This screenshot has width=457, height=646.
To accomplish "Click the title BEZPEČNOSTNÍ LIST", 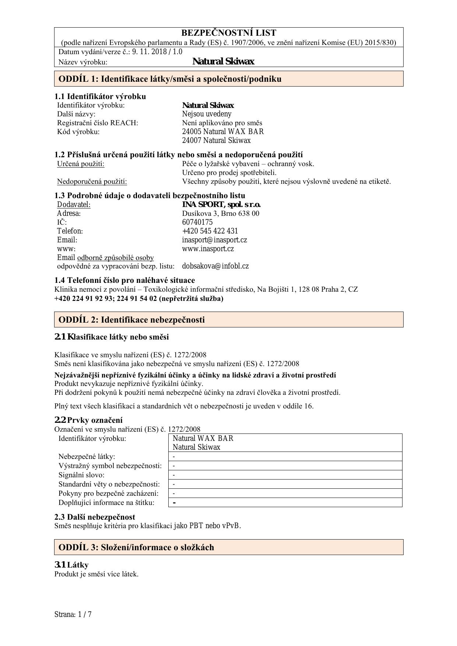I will coord(228,33).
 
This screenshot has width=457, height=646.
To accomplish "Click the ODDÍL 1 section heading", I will coord(170,79).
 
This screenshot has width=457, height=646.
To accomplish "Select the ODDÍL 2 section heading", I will coord(131,320).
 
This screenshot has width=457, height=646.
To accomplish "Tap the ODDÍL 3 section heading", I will coord(136,547).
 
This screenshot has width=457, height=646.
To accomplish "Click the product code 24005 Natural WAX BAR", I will coord(223,131).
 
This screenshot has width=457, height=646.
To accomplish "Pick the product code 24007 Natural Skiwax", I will coord(216,140).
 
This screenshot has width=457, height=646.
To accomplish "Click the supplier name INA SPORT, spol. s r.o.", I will coord(221,204).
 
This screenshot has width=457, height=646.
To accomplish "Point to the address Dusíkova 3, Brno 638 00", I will coord(221,213).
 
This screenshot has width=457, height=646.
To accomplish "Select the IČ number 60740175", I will coord(197,222).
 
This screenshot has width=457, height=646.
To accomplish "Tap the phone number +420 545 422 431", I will coord(210,231).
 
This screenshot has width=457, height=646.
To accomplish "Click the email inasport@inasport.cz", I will coord(214,240).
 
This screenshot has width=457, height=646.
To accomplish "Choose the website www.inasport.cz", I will coord(208,249).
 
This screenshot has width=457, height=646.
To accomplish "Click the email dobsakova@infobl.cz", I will coord(215,266).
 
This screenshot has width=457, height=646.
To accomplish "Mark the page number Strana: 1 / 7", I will coord(73,614).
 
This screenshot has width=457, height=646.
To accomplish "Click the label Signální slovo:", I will coord(81,475).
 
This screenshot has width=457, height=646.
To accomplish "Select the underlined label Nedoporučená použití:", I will coord(92,181).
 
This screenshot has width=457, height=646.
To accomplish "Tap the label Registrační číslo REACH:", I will coord(97,123).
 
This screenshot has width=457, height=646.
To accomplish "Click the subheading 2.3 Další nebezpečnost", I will coord(95,517).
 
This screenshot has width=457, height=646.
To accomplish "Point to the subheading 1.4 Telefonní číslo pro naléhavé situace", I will coord(124,280).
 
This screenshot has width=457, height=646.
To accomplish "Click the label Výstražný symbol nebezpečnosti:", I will coord(110,466).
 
